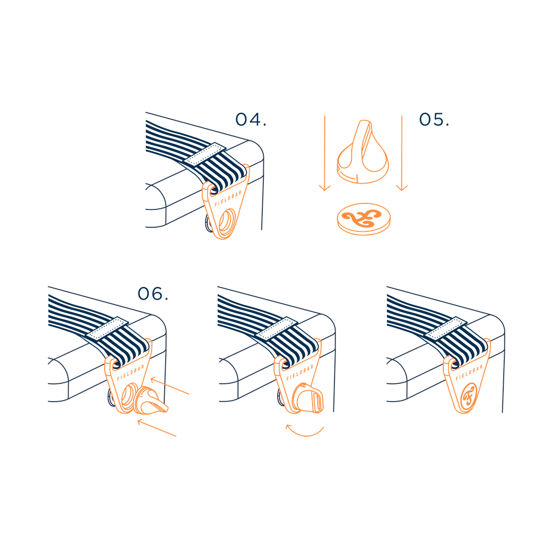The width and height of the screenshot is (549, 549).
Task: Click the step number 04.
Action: (251, 119)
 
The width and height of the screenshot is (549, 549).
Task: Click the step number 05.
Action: (434, 119)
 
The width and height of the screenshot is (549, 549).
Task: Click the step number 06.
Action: (153, 294)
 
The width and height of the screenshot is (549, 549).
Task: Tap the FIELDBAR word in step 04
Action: (228, 198)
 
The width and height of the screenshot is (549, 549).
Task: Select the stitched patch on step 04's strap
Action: (205, 155)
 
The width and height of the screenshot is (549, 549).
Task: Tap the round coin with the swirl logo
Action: (364, 219)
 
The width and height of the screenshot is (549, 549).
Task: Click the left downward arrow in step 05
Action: (325, 154)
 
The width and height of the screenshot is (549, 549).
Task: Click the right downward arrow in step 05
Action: (402, 154)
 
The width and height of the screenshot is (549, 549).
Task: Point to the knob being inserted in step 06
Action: (151, 400)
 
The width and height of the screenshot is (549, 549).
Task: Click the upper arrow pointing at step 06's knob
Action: (170, 386)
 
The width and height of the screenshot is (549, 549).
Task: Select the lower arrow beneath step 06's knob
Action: (157, 428)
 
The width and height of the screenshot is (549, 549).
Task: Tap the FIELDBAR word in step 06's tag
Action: (131, 373)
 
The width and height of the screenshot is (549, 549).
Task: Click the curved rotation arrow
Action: (304, 432)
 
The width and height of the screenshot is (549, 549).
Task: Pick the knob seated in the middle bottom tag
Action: (308, 399)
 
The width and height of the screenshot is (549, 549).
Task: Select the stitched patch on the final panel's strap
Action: (445, 328)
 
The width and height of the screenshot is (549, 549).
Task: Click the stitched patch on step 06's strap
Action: (107, 328)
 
